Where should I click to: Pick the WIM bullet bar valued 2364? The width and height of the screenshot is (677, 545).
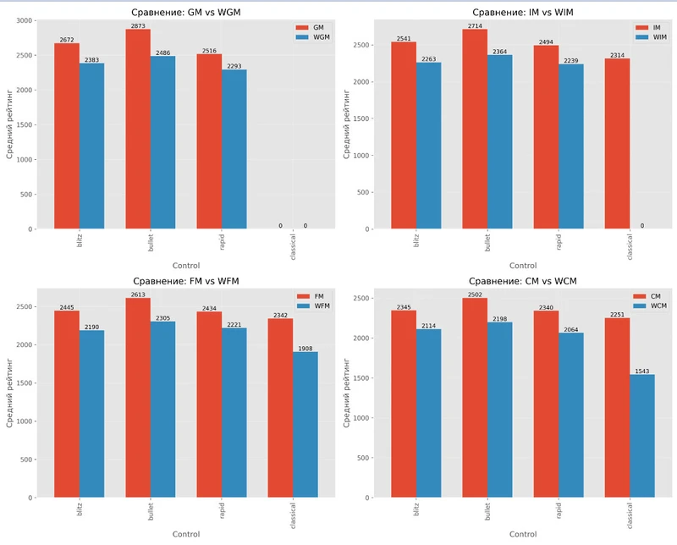point(499,141)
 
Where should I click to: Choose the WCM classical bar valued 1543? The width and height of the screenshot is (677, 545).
point(642,436)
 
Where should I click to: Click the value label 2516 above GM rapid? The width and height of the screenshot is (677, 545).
point(209,51)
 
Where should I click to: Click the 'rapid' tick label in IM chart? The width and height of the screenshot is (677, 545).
point(546,243)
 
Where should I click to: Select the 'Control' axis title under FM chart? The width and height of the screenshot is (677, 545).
point(185,534)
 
